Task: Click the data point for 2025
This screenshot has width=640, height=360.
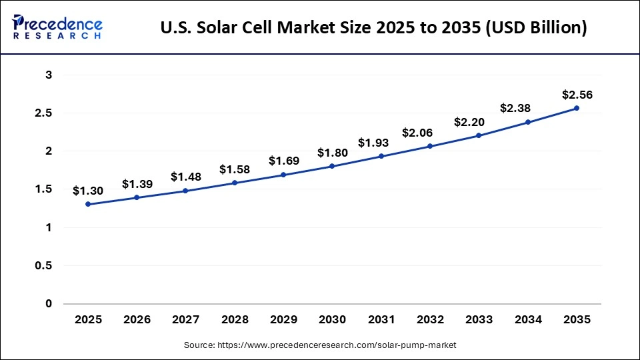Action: click(x=88, y=204)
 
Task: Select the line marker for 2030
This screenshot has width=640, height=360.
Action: click(x=332, y=166)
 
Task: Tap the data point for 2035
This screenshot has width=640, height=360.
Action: click(x=577, y=108)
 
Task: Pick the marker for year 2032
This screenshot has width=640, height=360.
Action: click(x=430, y=146)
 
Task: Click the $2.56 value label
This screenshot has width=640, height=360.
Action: click(x=577, y=95)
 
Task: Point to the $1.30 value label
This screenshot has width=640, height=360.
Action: click(x=88, y=191)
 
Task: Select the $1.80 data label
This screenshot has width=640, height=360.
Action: click(x=332, y=153)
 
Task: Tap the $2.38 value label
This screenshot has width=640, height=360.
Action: click(x=528, y=109)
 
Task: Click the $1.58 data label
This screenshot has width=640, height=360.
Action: click(x=235, y=169)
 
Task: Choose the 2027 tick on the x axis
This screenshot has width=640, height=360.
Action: click(x=186, y=320)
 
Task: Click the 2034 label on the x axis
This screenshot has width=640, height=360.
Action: click(x=528, y=320)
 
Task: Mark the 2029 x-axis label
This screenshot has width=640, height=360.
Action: click(x=283, y=320)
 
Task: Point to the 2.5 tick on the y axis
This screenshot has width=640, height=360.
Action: click(x=43, y=113)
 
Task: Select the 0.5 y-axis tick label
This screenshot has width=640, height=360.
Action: click(x=43, y=266)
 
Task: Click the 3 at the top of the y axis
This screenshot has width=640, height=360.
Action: click(x=49, y=75)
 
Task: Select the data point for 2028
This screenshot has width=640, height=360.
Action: click(x=235, y=183)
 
